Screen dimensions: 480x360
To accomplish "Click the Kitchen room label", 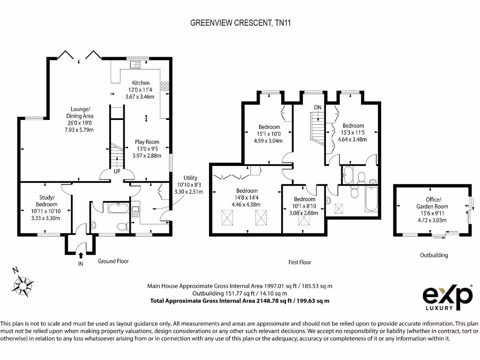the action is (x=141, y=83).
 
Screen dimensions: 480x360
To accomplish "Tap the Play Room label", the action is (x=147, y=142).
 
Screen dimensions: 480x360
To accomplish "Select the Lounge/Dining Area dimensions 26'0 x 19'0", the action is (x=80, y=123).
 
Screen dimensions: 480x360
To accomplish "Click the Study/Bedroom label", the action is (x=46, y=201).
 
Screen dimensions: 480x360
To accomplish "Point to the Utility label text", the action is (x=190, y=178).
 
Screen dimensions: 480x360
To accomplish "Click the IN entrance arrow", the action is (x=81, y=255).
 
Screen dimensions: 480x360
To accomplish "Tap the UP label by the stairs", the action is (x=117, y=172).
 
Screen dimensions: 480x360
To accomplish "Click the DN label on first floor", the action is (x=318, y=107).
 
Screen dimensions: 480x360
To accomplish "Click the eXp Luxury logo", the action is (x=447, y=297).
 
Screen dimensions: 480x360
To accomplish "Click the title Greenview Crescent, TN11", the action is (x=240, y=23).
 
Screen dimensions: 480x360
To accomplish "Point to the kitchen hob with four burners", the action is (x=165, y=86).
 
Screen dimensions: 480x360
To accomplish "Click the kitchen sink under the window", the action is (x=135, y=65).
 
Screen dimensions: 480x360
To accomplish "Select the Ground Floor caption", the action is (x=113, y=261).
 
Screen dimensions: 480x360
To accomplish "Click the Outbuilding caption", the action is (x=434, y=255).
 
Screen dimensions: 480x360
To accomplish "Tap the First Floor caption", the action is (x=300, y=262).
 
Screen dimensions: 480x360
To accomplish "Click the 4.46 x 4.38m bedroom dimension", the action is (x=246, y=205).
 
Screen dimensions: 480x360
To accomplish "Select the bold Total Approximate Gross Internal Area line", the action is (x=240, y=301).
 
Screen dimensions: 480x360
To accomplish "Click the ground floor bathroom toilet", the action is (x=122, y=227).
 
